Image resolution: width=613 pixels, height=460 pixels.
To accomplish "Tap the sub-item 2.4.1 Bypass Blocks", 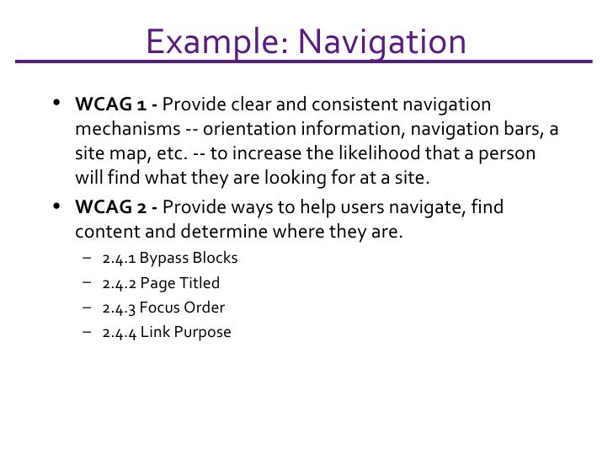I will point(169,258).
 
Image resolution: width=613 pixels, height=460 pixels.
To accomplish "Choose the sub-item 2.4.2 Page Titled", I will point(160,283).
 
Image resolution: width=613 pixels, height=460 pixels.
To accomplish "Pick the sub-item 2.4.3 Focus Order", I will point(163,308).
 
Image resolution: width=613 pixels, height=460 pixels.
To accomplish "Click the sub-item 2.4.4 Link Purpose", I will point(166,332).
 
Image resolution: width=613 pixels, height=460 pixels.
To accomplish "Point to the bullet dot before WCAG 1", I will point(56,105).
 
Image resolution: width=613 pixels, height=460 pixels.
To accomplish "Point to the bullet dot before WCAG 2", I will point(56,206).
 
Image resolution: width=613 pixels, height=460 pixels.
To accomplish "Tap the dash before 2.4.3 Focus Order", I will point(88,308).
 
